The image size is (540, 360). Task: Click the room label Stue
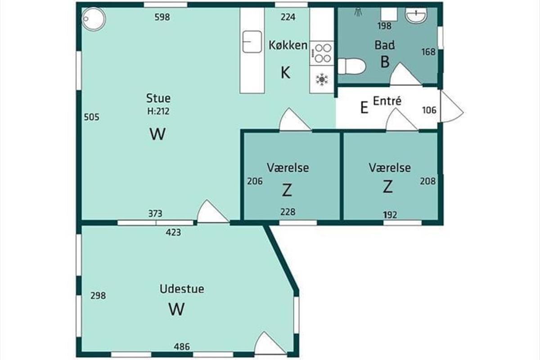158,99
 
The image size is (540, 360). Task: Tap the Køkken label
288,45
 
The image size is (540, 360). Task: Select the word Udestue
182,289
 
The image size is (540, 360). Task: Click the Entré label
387,101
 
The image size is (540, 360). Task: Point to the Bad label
384,45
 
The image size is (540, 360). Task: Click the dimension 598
162,17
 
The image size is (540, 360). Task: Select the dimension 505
92,117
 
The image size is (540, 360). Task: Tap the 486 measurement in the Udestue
182,347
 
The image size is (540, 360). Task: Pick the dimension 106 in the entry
429,110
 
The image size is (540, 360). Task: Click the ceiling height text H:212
158,111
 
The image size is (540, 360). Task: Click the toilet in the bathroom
352,66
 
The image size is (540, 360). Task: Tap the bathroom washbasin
416,15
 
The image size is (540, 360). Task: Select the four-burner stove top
322,53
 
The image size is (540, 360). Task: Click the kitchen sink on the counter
252,41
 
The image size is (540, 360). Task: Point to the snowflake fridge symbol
322,80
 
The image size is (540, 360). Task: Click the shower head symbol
358,12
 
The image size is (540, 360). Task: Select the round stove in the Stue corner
94,19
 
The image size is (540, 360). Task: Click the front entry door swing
451,106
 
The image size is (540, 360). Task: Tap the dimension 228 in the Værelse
288,212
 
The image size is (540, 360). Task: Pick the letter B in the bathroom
385,62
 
